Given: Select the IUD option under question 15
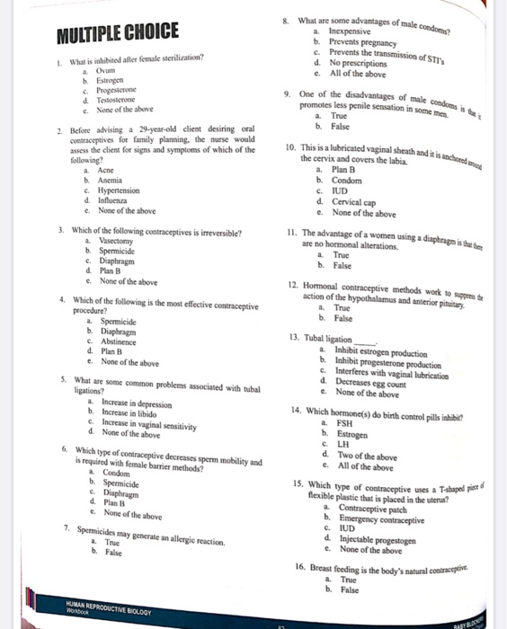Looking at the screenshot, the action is point(340,528).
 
